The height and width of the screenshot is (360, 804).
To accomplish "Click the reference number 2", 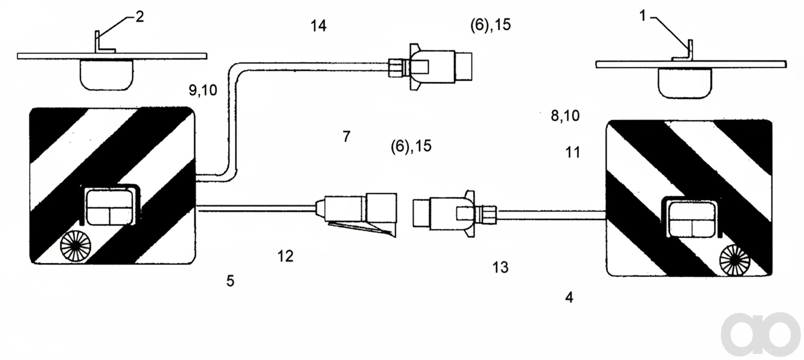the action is pos(139,16).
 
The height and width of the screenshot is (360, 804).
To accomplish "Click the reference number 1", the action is pos(642,15).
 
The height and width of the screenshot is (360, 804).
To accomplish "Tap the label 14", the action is pos(318,26).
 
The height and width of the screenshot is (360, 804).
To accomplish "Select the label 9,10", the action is pos(203,90).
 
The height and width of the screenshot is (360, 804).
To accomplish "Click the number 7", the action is pos(347,136).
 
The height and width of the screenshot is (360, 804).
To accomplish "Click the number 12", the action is pos(285,256).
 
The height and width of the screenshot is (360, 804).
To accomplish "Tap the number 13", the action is pos(500,267).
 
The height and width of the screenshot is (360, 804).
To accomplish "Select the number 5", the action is pos(230,281).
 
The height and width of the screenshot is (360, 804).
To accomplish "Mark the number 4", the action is pos(569,298).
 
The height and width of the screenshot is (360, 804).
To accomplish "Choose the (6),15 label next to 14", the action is pos(491,25).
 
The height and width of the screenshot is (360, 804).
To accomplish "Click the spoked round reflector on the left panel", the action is pos(75,246).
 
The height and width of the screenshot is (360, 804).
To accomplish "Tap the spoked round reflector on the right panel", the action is pos(735,260).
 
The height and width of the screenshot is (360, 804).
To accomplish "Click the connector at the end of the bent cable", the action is pos(430,67).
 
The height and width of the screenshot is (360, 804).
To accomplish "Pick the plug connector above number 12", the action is pos(356,214).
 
